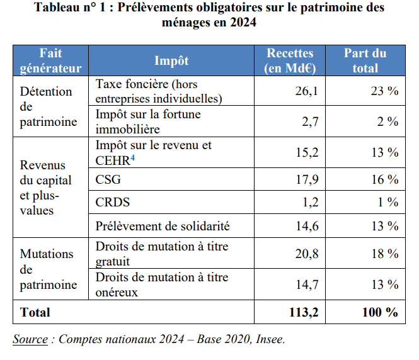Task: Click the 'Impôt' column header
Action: pyautogui.click(x=171, y=61)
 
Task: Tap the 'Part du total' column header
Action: pyautogui.click(x=365, y=61)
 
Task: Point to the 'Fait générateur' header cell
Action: pyautogui.click(x=51, y=61)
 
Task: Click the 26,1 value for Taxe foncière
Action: pyautogui.click(x=306, y=91)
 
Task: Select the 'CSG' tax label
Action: pyautogui.click(x=108, y=180)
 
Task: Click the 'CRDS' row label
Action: pyautogui.click(x=113, y=203)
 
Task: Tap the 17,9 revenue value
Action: pyautogui.click(x=306, y=180)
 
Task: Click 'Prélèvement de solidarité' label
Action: pyautogui.click(x=163, y=226)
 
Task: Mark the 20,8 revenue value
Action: pyautogui.click(x=306, y=254)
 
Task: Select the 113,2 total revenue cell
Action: pyautogui.click(x=301, y=312)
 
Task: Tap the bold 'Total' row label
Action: pyautogui.click(x=35, y=312)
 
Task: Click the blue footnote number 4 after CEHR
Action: pyautogui.click(x=134, y=157)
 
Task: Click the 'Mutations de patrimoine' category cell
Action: pyautogui.click(x=48, y=269)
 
